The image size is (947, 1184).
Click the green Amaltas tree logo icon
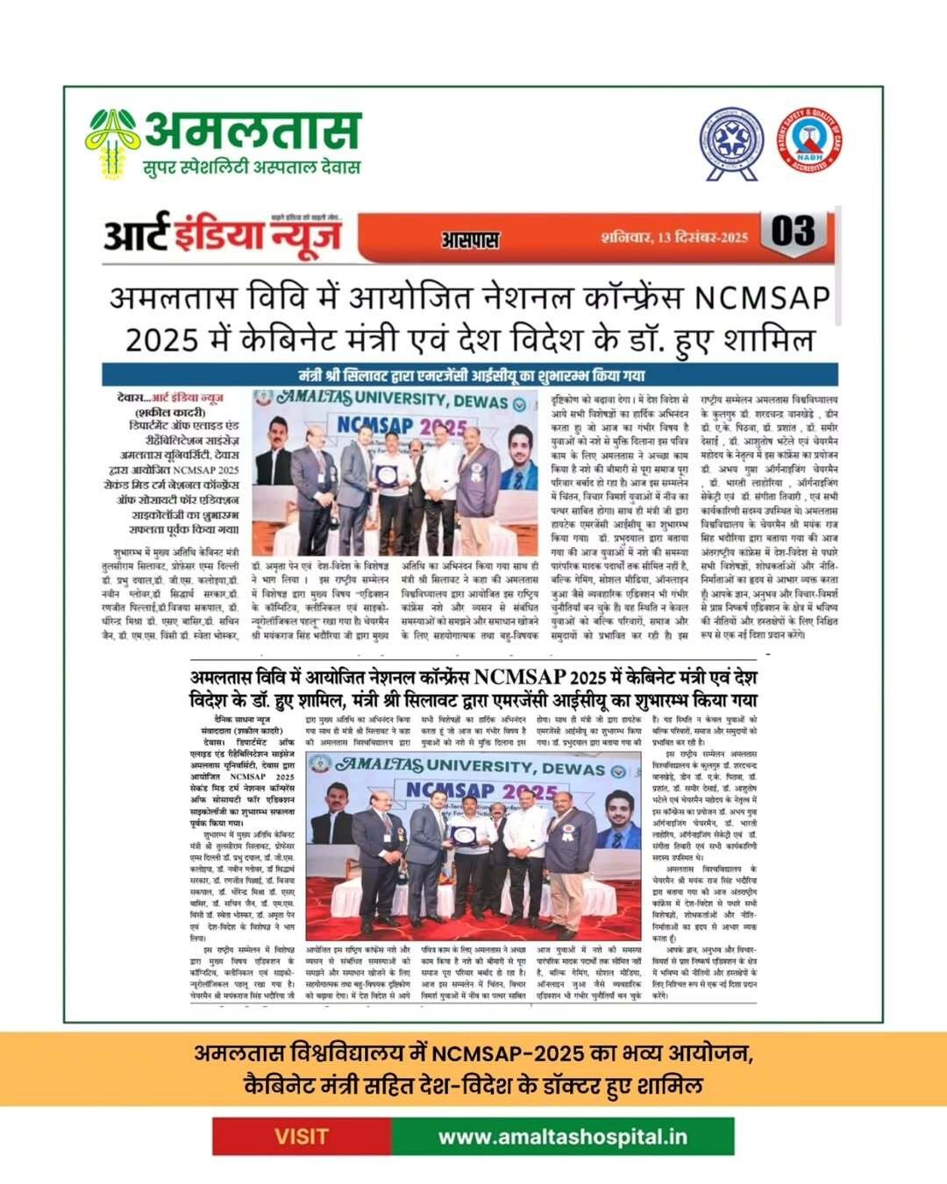tap(113, 140)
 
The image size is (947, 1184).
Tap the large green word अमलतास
tap(253, 131)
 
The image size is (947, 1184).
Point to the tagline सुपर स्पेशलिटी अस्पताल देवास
tap(252, 167)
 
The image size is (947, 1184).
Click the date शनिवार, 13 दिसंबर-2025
tap(674, 237)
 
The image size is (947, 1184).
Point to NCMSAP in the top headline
tap(762, 299)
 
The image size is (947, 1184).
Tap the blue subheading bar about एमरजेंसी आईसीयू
tap(470, 376)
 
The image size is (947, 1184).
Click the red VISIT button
tap(302, 1137)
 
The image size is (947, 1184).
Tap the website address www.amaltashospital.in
tap(562, 1137)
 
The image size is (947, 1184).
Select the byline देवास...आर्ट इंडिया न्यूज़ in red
tap(170, 397)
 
